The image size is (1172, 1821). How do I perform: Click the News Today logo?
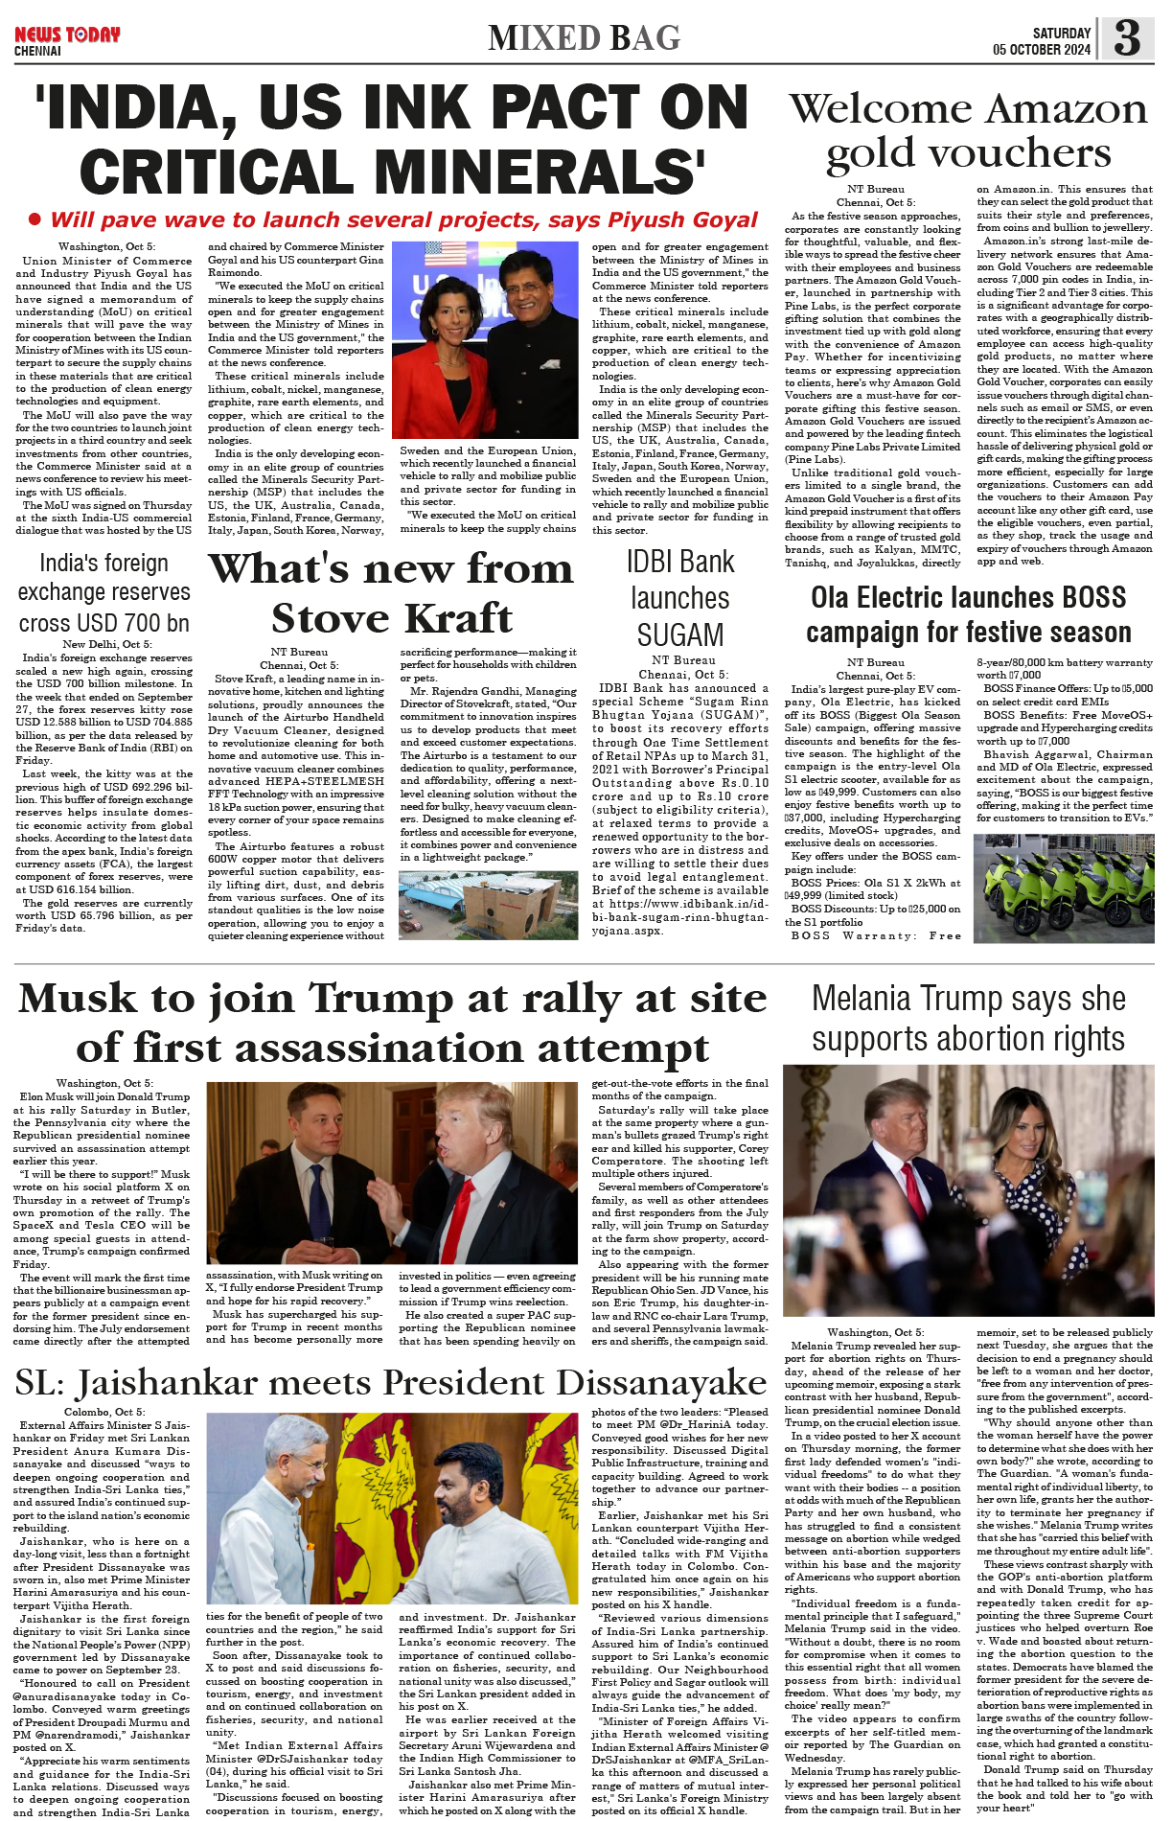point(66,35)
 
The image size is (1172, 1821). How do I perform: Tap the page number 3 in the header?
point(1127,37)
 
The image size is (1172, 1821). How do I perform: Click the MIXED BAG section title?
point(584,37)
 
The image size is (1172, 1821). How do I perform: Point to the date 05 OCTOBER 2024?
point(1042,50)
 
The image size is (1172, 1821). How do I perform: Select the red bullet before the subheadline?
point(35,219)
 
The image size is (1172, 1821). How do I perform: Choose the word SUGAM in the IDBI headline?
point(679,634)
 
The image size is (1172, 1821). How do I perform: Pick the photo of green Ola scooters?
point(1063,887)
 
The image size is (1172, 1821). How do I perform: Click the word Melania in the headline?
point(871,999)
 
